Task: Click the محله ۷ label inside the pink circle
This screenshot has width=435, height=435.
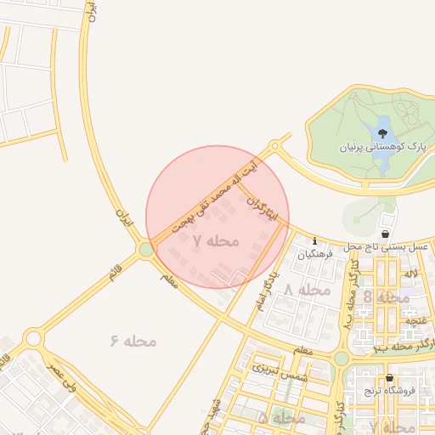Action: tap(216, 241)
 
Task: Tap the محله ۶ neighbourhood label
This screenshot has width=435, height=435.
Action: tap(134, 341)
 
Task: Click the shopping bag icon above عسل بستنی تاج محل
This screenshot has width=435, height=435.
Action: tap(386, 234)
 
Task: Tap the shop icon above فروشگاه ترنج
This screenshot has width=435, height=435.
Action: tap(390, 378)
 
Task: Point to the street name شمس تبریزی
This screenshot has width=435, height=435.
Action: tap(278, 372)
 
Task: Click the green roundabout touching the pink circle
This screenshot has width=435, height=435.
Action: tap(146, 249)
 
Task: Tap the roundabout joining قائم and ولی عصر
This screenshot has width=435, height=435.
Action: tap(34, 339)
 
